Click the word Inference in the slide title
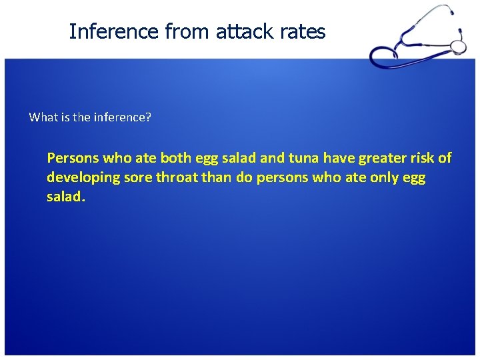[103, 31]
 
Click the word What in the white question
[43, 117]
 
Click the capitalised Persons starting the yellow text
[72, 158]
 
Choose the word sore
[135, 179]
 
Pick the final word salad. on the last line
[67, 199]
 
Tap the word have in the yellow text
[341, 158]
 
